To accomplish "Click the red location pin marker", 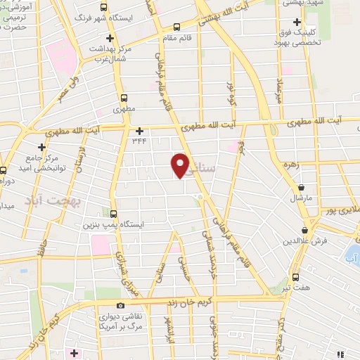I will point(181,165).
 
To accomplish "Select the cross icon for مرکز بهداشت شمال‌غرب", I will point(110,38).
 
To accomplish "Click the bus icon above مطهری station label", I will point(124,98).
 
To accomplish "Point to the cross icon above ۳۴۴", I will point(139,130).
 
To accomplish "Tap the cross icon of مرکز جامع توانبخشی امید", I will point(42,147).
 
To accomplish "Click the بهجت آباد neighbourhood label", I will point(52,200).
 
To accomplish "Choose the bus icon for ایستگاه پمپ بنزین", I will point(114,214).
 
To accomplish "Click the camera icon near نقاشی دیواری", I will point(121,306).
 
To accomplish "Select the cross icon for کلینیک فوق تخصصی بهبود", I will point(297,22).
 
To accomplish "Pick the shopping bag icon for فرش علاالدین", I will point(306,231).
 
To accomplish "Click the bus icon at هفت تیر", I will point(295,277).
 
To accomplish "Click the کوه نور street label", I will point(230,94).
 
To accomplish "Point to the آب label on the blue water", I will point(350,259).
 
